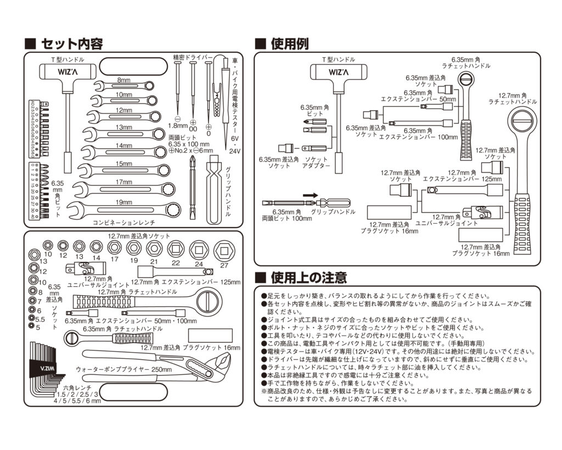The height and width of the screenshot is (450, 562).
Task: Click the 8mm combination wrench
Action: coord(123,85)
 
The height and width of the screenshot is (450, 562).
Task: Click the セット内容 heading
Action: coord(71,43)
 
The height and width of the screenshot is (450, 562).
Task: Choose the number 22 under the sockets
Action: coord(175,263)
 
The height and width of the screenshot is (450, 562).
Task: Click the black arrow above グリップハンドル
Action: coord(310,195)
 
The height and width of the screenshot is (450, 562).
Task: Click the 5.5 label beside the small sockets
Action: coord(40,319)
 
